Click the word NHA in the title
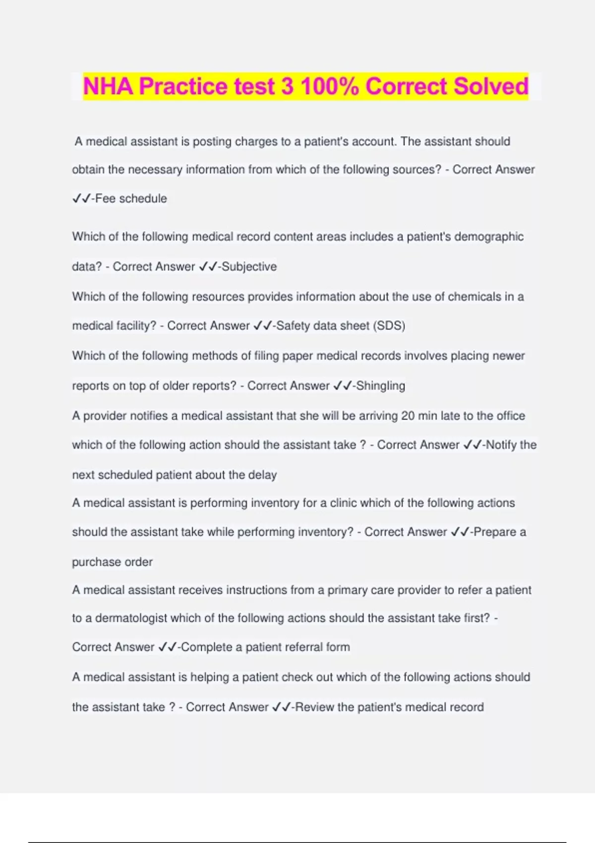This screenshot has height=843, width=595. click(x=108, y=86)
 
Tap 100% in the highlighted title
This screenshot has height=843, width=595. click(x=330, y=86)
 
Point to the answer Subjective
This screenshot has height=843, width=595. click(x=249, y=266)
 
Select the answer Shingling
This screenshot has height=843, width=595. click(x=380, y=385)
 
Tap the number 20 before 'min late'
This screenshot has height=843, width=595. click(x=408, y=416)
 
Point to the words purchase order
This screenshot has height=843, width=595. click(x=112, y=562)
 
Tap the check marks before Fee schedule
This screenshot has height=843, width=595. click(x=81, y=198)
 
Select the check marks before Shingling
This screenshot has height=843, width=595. click(x=343, y=385)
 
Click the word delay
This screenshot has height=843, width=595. click(x=262, y=475)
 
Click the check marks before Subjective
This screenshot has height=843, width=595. click(x=208, y=266)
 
